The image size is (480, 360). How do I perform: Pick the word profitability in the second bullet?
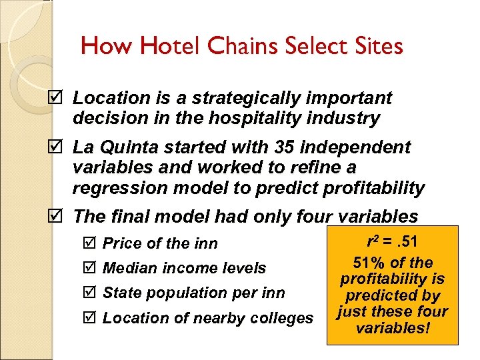[x=373, y=189]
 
